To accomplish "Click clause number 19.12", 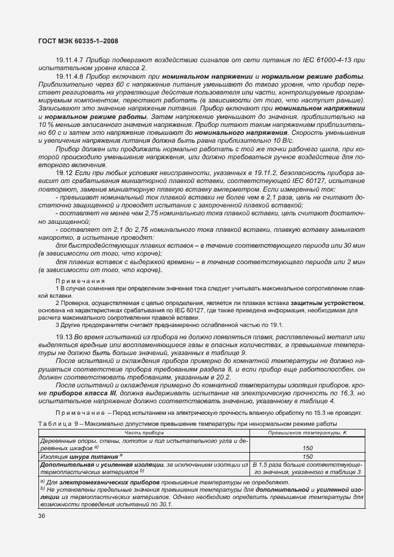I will [64, 174].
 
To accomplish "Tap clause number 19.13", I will [64, 337].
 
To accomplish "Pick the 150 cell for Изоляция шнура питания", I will [308, 456].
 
